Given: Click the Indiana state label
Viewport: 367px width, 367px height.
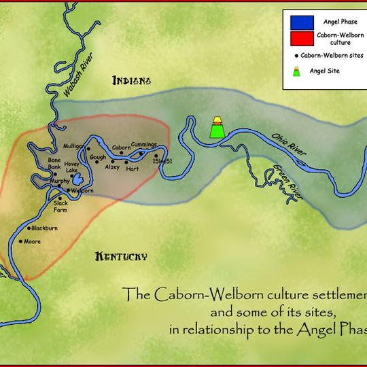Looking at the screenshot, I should point(131,82).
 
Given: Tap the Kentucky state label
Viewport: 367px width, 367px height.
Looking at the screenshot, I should point(122,256).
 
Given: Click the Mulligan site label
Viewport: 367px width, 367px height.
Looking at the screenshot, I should point(73,146).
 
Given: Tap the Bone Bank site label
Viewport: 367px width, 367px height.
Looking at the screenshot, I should point(54,163).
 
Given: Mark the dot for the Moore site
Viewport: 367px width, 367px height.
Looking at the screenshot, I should point(21,241).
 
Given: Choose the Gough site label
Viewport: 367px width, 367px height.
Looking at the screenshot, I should point(97,157).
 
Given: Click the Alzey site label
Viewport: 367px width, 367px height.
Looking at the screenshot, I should point(113,167).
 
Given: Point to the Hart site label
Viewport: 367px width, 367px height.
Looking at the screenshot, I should point(133,167).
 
